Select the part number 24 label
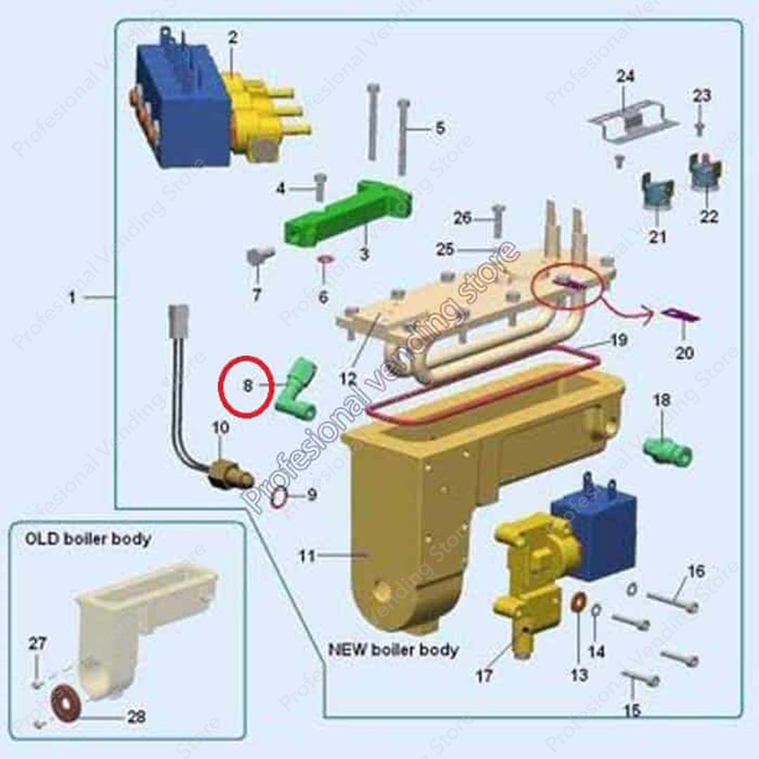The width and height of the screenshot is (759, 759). pos(625,77)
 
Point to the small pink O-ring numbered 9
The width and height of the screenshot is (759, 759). pos(279,498)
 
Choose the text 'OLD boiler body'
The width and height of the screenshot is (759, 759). pos(88,540)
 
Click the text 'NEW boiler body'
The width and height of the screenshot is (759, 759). pos(394,649)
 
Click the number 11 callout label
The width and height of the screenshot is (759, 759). pos(306,556)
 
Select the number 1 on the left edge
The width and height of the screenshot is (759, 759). pos(72,298)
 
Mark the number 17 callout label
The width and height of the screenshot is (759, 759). pos(484,676)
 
